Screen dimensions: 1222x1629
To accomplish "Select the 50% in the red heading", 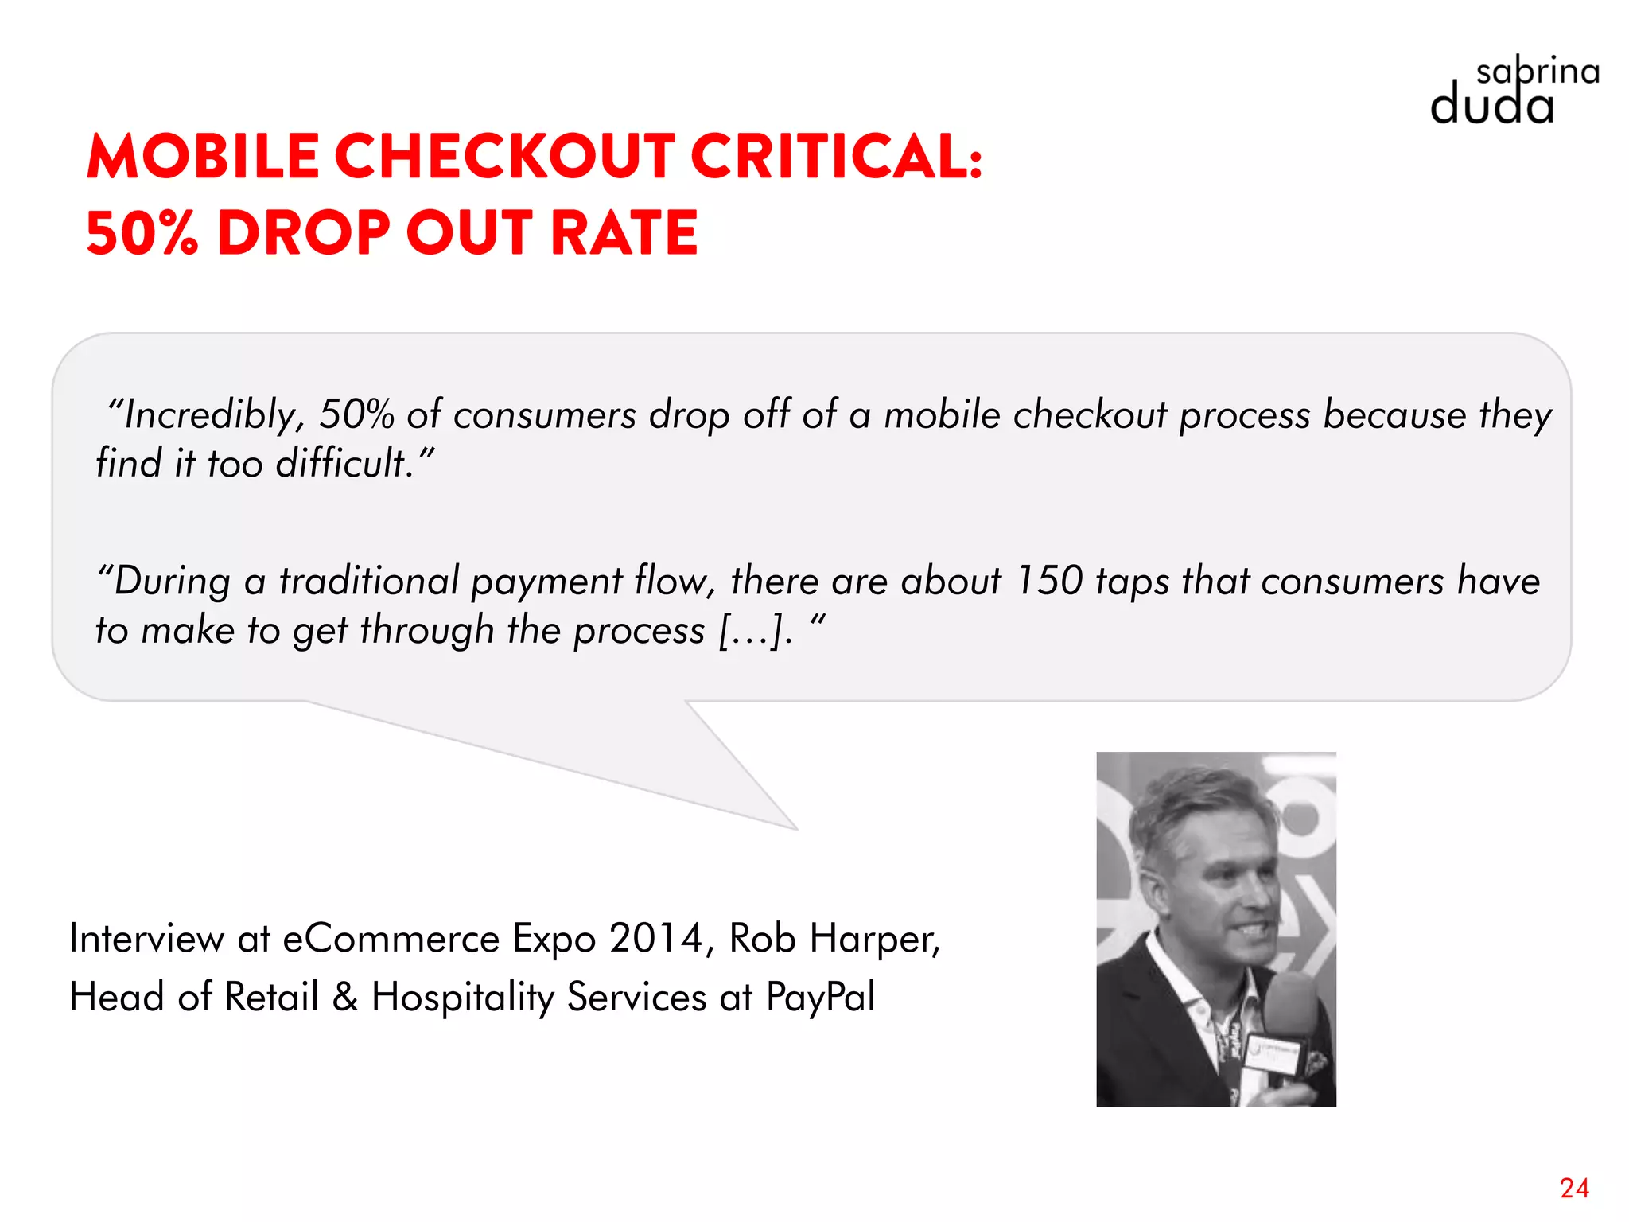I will click(142, 233).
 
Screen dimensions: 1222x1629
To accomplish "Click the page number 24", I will click(1574, 1188).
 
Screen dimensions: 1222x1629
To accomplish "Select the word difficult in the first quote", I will click(342, 463).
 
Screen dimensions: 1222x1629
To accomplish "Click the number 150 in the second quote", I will click(1049, 581).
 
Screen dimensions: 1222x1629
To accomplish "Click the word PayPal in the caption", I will click(820, 997).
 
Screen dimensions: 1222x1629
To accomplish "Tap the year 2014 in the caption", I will click(655, 939).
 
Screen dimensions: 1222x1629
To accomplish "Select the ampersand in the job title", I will click(344, 997).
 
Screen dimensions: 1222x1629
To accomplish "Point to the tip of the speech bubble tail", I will click(796, 829).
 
